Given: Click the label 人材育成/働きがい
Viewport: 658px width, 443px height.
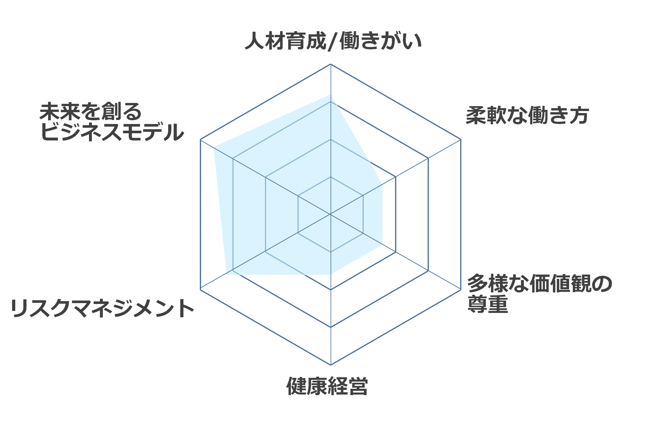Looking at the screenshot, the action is coord(333,41).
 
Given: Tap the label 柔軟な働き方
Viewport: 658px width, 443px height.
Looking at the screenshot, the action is coord(527,115).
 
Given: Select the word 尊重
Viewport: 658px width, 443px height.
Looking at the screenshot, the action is coord(488,305).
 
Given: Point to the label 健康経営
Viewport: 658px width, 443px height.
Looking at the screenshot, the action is coord(327,386).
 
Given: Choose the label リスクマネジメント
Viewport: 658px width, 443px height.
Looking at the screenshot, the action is coord(102,308).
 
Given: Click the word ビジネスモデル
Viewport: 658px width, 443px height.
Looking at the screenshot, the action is coord(112,132).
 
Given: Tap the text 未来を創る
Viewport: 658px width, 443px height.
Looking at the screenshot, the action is coord(91,111).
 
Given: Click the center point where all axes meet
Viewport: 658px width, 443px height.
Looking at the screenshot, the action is coord(331,214).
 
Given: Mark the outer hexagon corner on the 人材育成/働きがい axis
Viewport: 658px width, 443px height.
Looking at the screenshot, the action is coord(331,64).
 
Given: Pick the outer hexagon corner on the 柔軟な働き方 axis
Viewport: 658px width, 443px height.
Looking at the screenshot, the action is coord(461,140).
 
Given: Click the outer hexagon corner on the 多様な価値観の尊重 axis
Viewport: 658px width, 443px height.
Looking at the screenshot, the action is coord(461,290).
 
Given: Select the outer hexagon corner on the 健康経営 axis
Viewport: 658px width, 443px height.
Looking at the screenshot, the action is coord(331,365).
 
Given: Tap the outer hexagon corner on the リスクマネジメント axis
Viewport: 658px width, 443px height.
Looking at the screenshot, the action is coord(200,290).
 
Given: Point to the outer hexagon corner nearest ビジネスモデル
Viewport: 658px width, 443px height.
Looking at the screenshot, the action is coord(200,140).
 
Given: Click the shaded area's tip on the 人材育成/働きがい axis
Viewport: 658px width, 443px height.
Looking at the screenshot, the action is coord(331,95).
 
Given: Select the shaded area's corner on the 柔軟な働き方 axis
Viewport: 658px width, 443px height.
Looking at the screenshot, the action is coord(382,184).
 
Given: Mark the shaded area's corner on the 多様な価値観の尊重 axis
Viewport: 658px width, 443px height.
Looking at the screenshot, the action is coord(382,244).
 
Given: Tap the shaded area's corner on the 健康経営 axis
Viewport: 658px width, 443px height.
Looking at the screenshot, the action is coord(331,274).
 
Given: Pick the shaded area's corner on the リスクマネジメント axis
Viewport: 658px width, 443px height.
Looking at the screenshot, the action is coord(226,274).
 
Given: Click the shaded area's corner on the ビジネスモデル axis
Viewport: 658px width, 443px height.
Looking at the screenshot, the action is coord(214,147).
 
